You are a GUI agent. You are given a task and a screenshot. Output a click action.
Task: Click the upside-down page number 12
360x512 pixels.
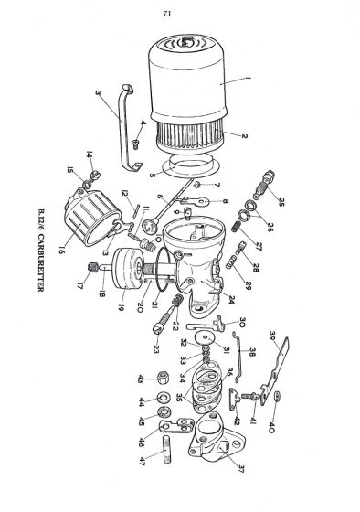coord(189,13)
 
